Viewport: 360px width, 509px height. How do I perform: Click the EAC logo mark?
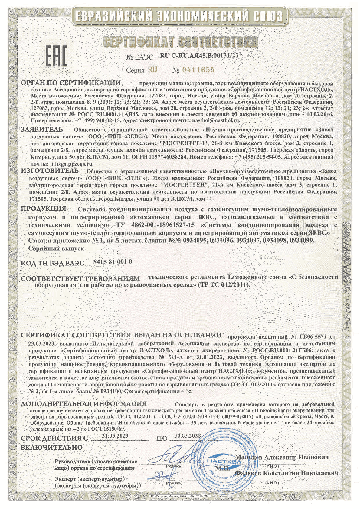tap(56, 57)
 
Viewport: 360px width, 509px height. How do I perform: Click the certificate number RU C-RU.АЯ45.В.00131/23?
tap(198, 56)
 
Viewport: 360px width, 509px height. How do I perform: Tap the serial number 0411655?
tap(198, 70)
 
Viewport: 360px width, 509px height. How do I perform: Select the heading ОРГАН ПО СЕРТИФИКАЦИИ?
tap(71, 83)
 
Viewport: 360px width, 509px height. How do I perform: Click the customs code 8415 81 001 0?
tap(113, 261)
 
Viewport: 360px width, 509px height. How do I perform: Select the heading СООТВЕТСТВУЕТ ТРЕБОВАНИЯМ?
tap(80, 278)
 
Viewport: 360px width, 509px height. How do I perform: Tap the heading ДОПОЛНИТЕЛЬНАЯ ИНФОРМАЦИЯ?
tap(83, 404)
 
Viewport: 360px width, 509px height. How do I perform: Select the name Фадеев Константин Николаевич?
tap(286, 473)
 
